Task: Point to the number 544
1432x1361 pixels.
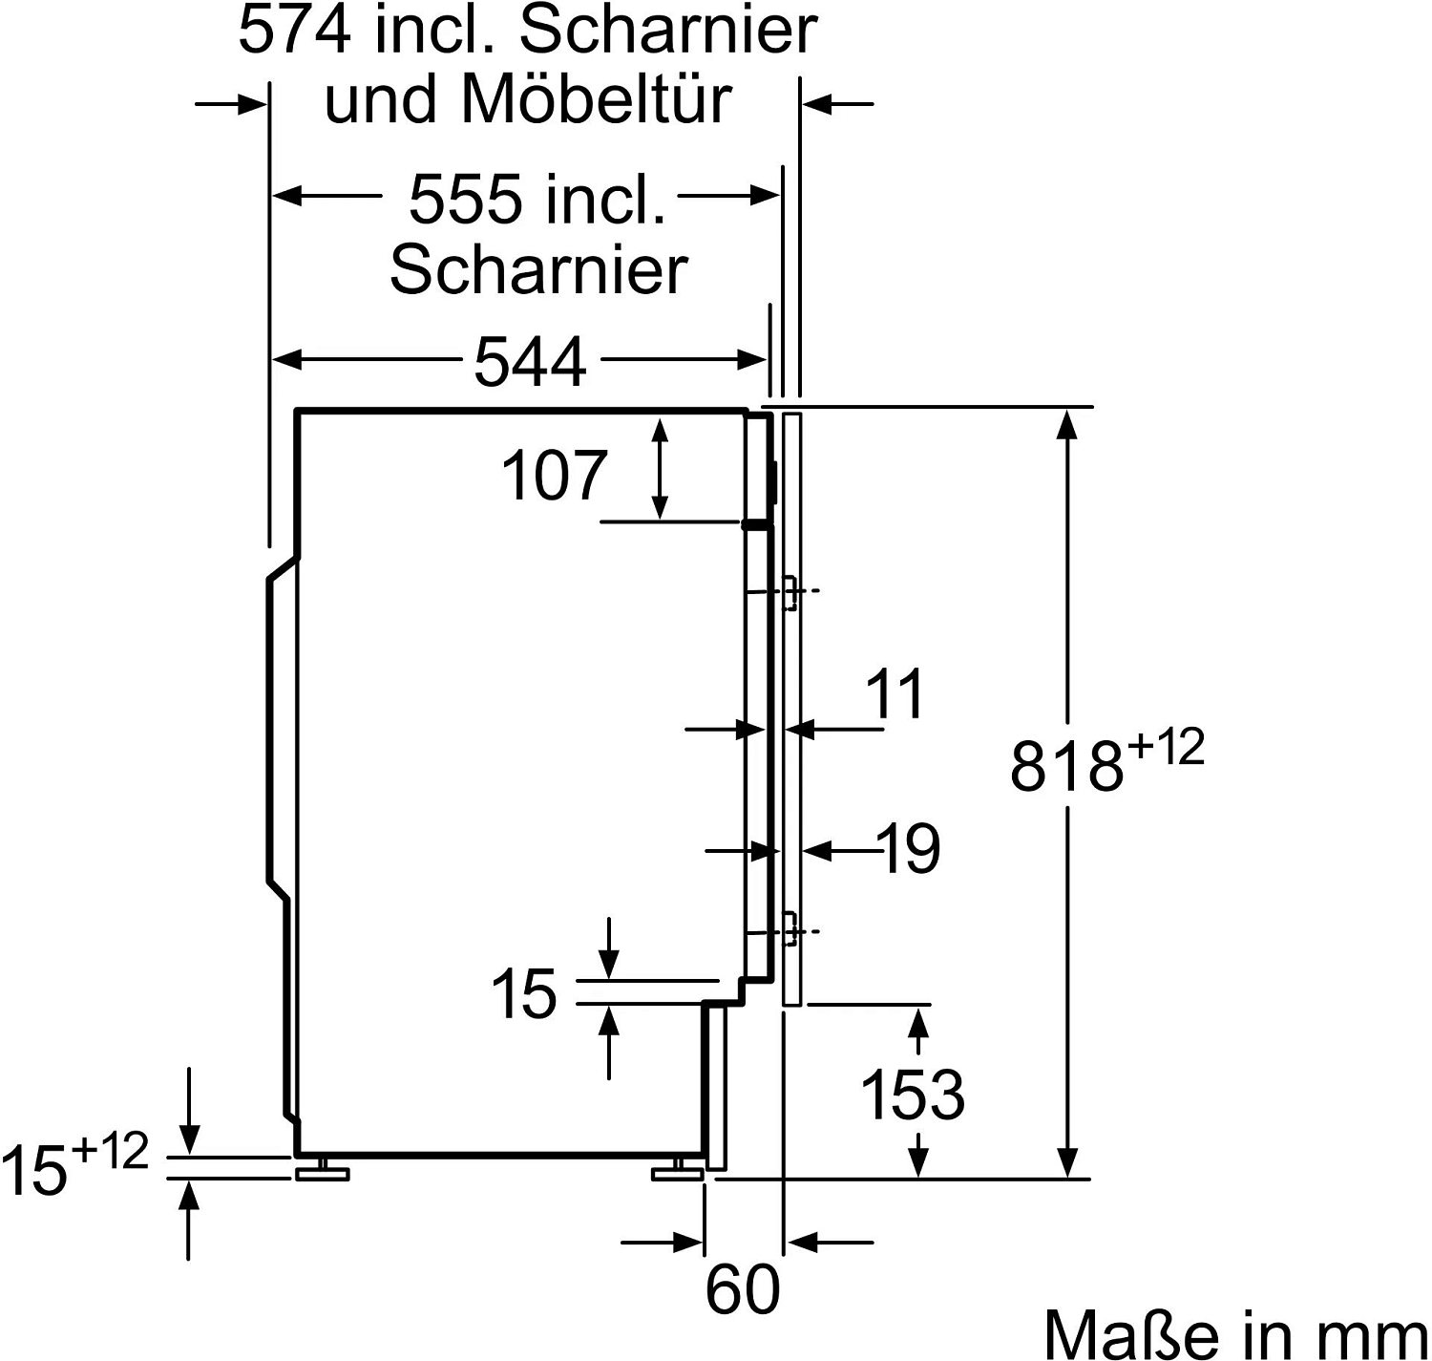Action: pos(529,362)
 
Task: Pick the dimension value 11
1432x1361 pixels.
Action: pos(895,694)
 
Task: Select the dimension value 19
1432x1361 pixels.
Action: pos(910,848)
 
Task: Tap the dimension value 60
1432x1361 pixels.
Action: pos(742,1290)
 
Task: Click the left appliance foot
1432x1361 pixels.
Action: pos(321,1171)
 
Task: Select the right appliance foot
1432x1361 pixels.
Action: pos(677,1171)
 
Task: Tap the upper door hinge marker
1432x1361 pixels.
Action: pos(790,592)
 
